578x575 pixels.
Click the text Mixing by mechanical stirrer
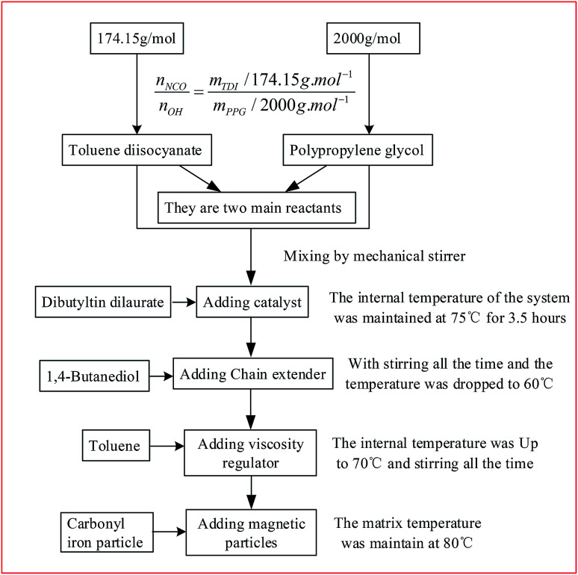(x=364, y=256)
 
